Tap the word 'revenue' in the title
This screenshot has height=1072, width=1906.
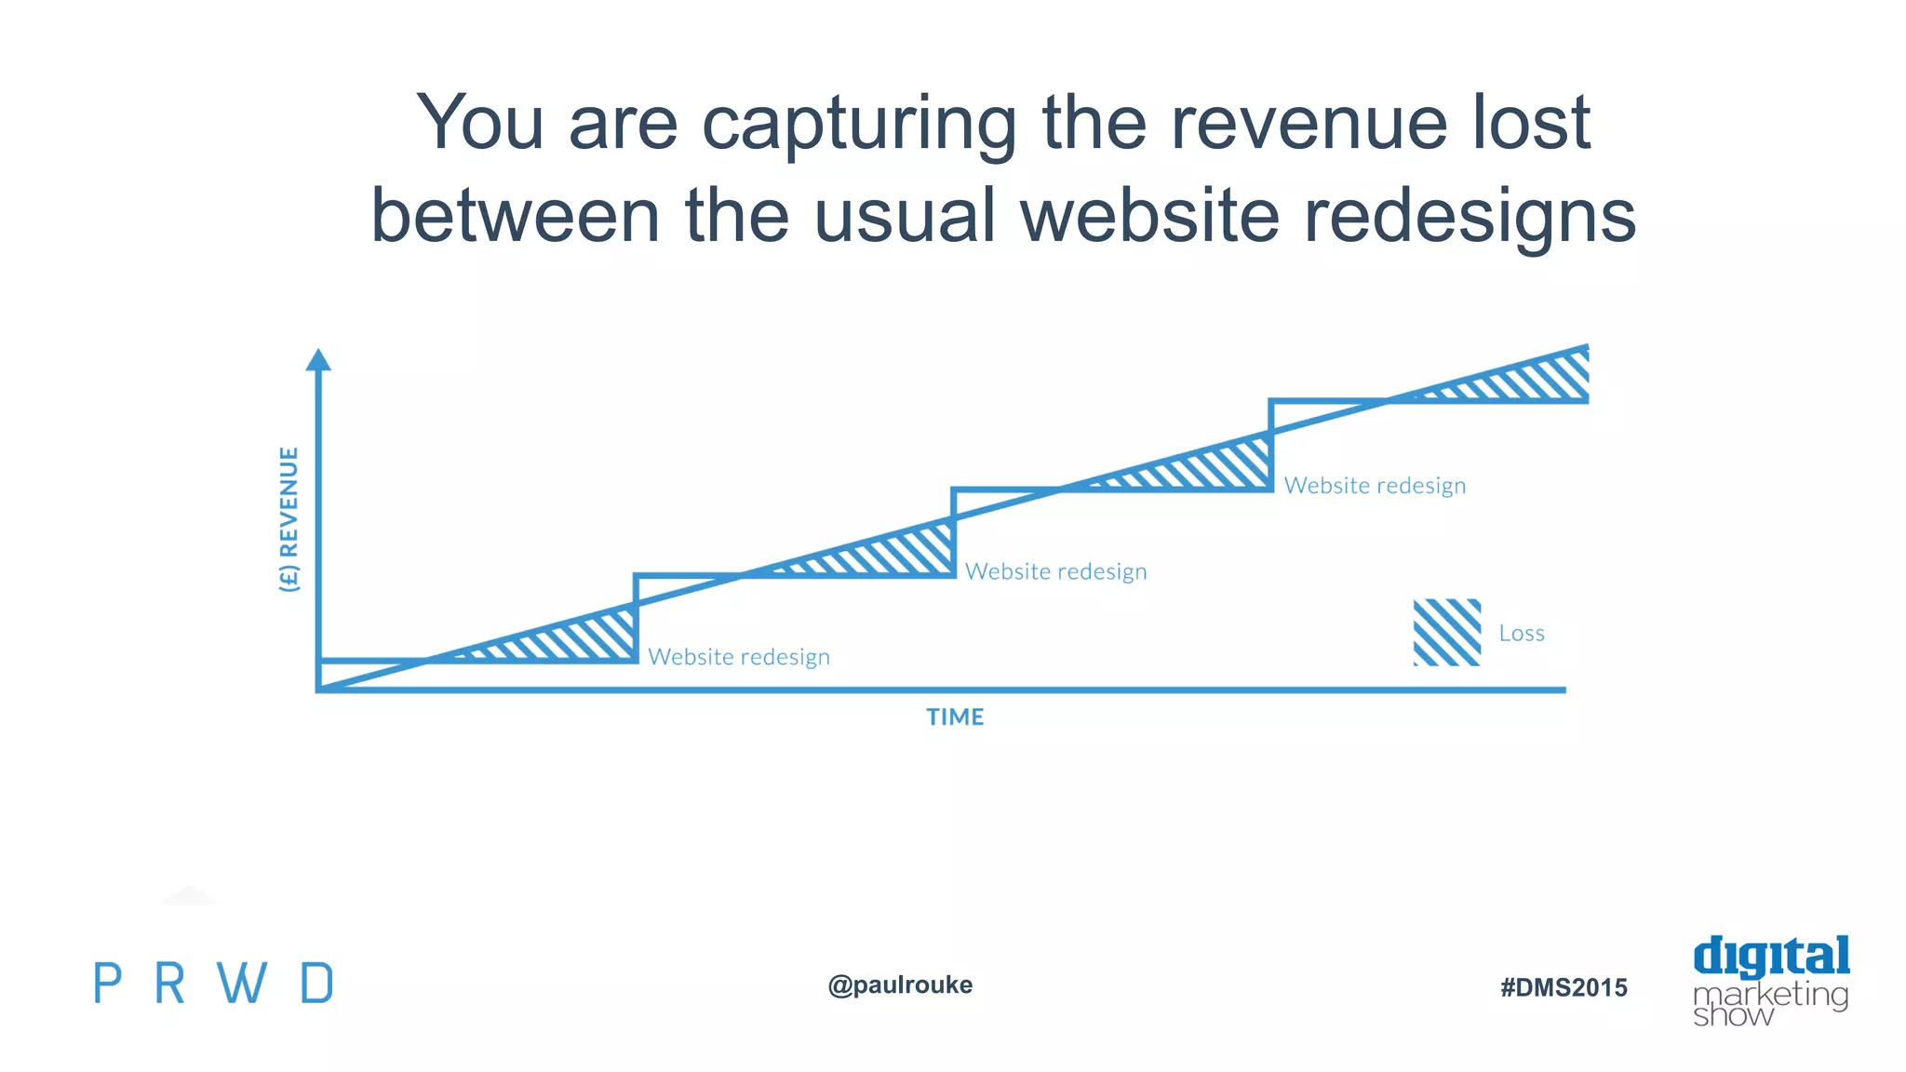(1308, 123)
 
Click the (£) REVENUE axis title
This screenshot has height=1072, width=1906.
(289, 518)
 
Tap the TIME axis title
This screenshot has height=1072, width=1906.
(955, 717)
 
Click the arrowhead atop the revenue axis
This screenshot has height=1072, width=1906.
(318, 360)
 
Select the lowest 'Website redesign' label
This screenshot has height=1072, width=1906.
(739, 657)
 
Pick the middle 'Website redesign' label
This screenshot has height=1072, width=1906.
(1055, 571)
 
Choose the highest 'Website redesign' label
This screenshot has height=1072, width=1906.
(1375, 486)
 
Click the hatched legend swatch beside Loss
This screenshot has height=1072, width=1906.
(1446, 633)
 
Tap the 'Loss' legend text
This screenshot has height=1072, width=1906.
(1522, 634)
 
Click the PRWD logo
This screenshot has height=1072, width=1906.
(213, 984)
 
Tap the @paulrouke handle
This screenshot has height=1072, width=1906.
(900, 985)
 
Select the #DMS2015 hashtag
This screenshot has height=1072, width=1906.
(1564, 987)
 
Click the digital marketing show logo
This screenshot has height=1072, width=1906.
(1770, 982)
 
